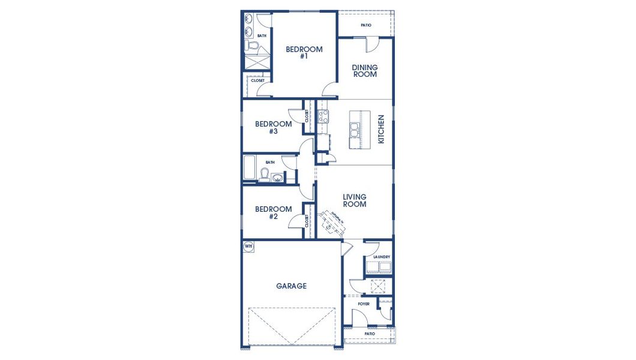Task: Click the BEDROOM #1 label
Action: [x=304, y=53]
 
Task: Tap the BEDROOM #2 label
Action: [x=273, y=213]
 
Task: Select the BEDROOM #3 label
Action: [x=273, y=128]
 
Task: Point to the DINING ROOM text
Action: [x=364, y=71]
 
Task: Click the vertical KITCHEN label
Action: [x=380, y=129]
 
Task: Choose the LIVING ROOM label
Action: [x=354, y=200]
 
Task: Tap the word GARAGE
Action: [x=291, y=286]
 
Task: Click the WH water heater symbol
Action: [x=248, y=246]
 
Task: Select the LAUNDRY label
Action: [x=382, y=257]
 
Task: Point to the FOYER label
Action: [x=364, y=304]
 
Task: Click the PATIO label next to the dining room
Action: [x=365, y=25]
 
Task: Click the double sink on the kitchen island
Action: [x=355, y=129]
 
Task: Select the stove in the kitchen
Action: [x=323, y=116]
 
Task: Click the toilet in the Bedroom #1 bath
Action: [x=251, y=46]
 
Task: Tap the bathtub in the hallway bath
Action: [x=250, y=169]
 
